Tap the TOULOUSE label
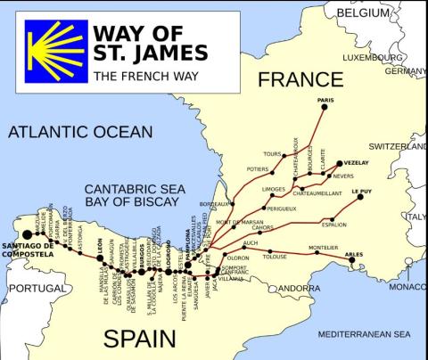point(276,256)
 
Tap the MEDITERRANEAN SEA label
point(363,334)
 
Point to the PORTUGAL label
point(37,289)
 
